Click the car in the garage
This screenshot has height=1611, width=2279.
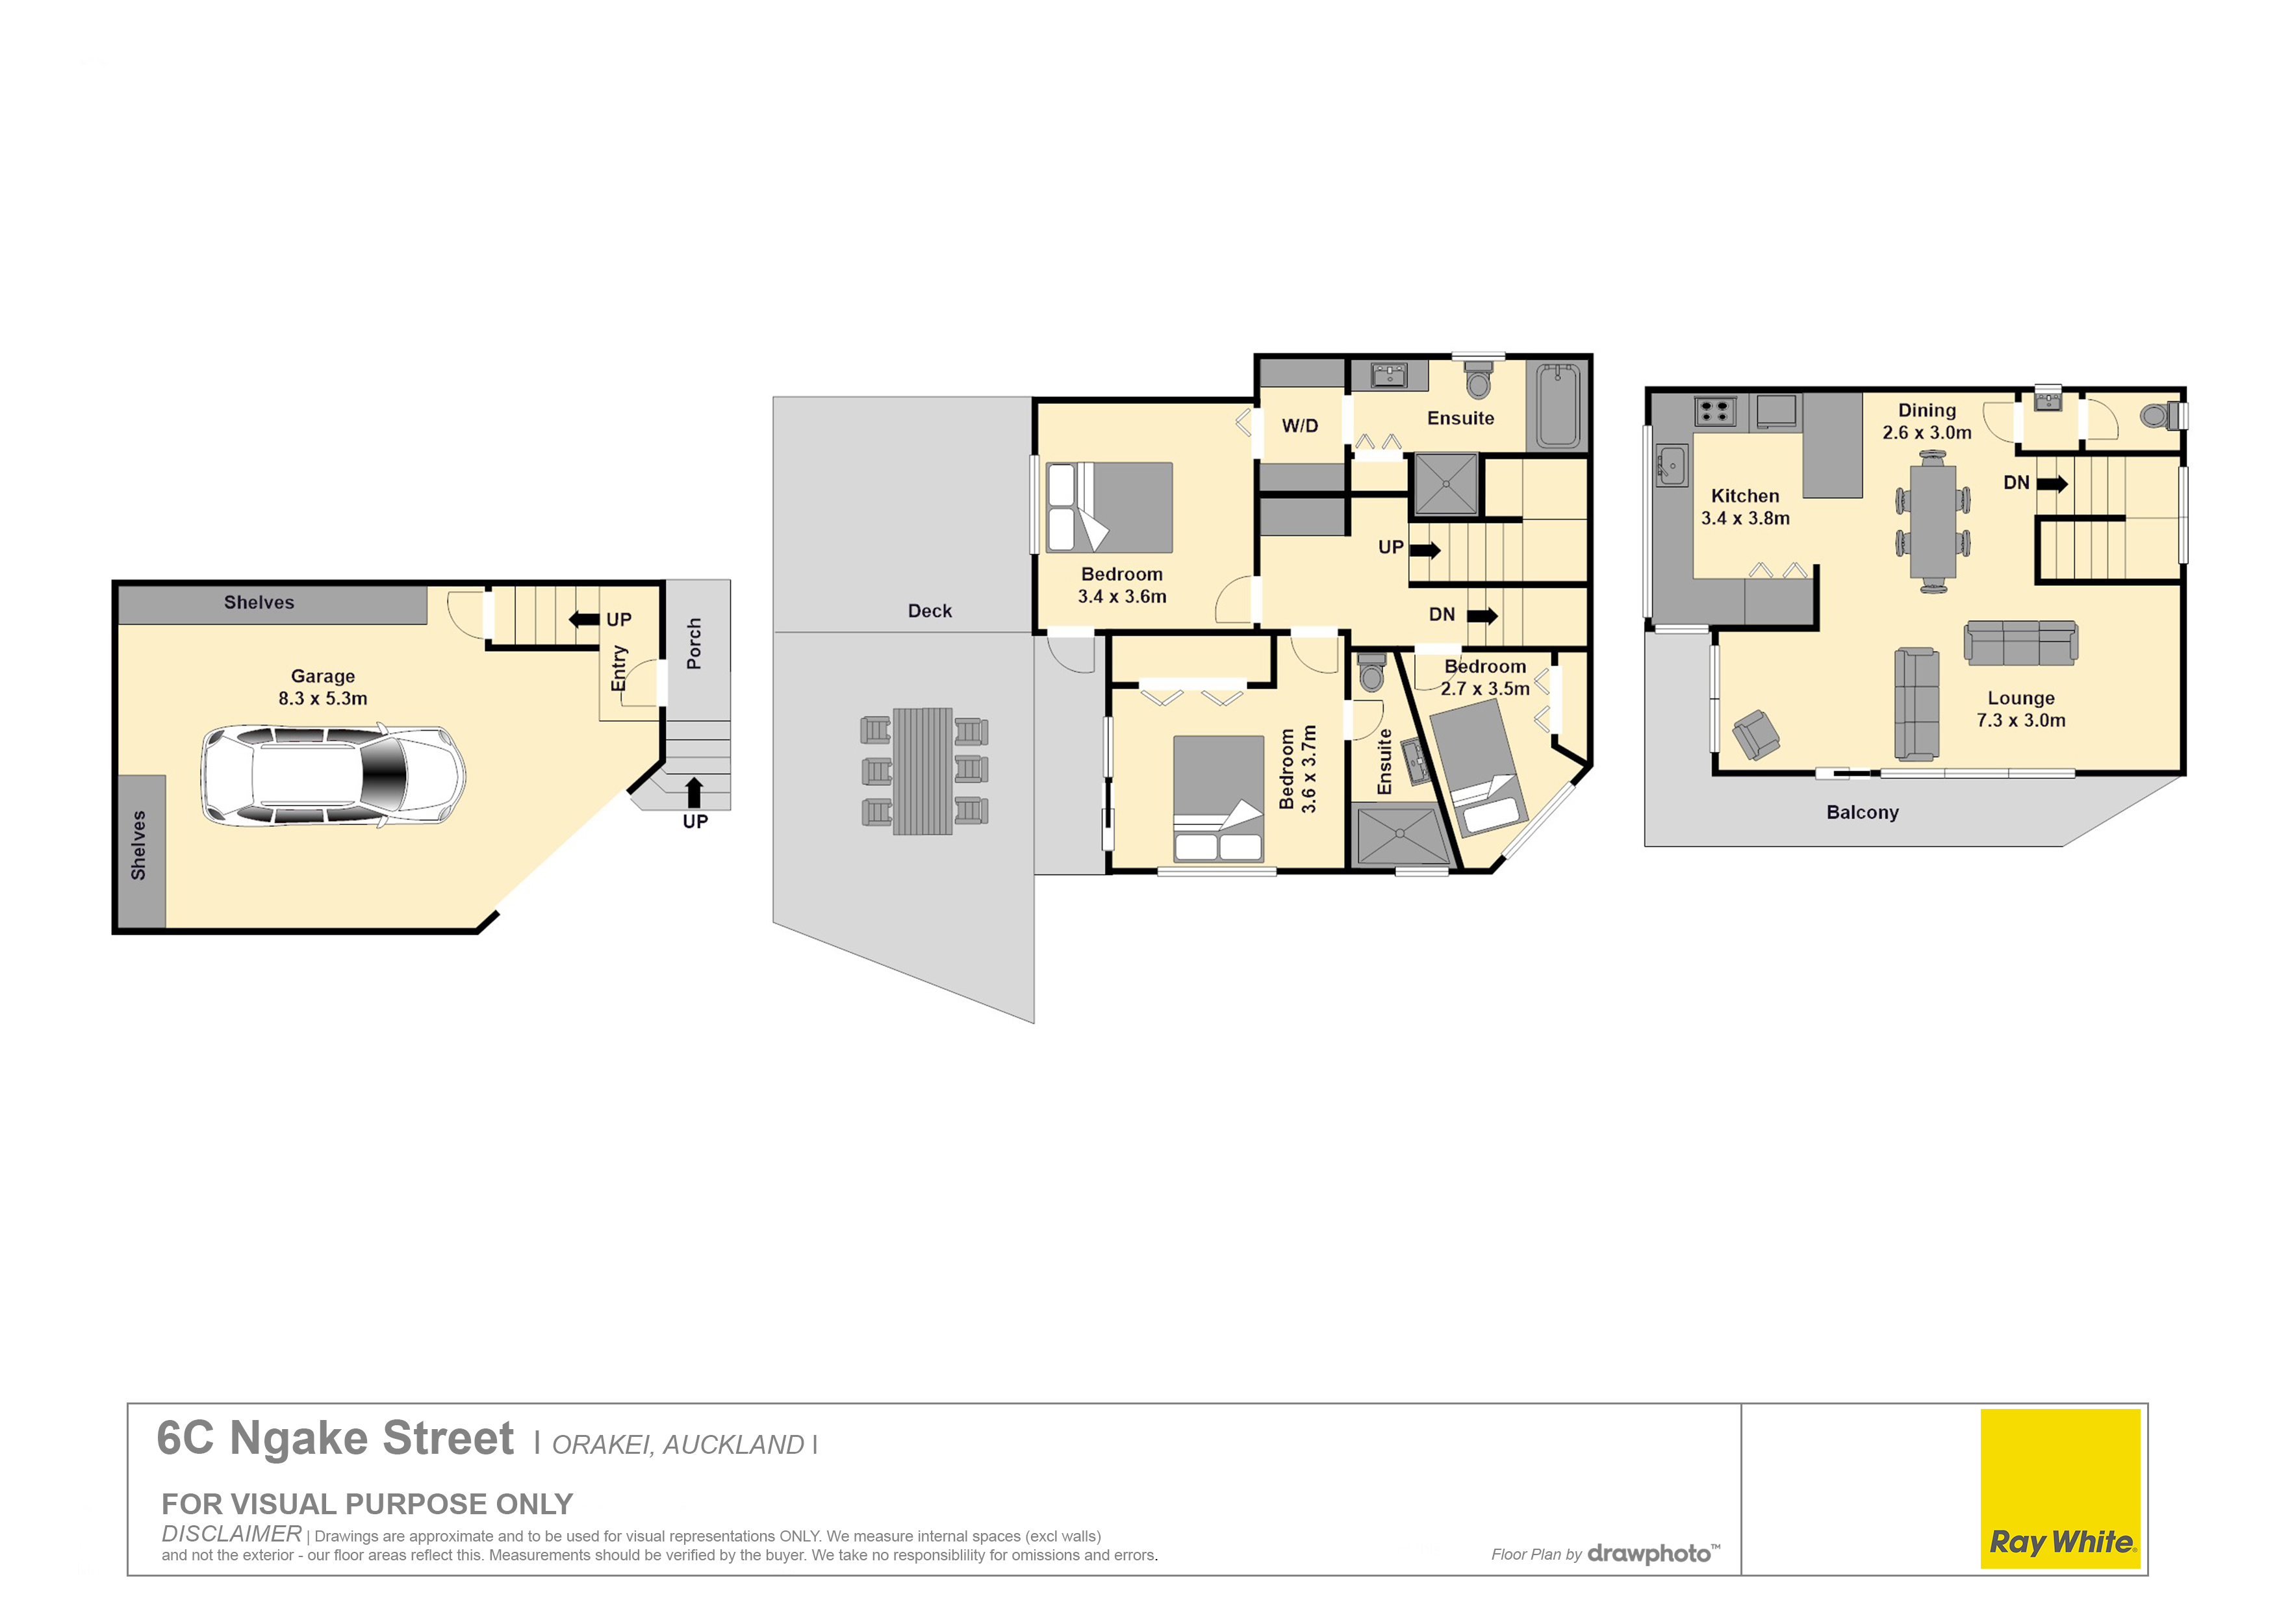coord(333,775)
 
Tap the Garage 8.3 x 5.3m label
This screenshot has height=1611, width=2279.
coord(323,687)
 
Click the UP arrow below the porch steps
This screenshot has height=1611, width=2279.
coord(695,792)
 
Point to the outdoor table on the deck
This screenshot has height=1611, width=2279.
coord(923,771)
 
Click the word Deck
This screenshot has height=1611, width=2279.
coord(930,611)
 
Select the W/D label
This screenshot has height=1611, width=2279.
coord(1299,426)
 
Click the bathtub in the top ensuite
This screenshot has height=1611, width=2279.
coord(1559,406)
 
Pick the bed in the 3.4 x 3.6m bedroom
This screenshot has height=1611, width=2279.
coord(1110,507)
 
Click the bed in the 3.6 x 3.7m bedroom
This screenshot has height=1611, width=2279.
coord(1218,798)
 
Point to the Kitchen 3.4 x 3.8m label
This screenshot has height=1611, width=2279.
coord(1745,507)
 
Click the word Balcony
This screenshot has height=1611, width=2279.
coord(1862,812)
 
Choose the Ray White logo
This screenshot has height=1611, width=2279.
coord(2061,1489)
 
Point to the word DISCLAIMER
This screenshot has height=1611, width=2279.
coord(231,1534)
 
